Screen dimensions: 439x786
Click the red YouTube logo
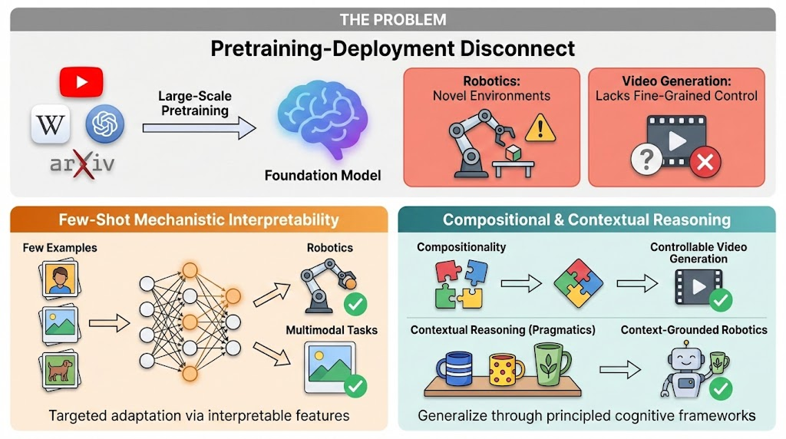pyautogui.click(x=81, y=81)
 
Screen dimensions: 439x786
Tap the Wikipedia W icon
pyautogui.click(x=51, y=124)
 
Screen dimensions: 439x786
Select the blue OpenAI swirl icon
pyautogui.click(x=104, y=124)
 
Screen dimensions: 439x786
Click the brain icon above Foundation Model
pyautogui.click(x=322, y=122)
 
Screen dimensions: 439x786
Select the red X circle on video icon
pyautogui.click(x=704, y=163)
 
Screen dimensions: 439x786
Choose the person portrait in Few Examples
pyautogui.click(x=58, y=280)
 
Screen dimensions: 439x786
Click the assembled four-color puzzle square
pyautogui.click(x=580, y=283)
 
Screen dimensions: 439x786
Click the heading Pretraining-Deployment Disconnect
pyautogui.click(x=392, y=48)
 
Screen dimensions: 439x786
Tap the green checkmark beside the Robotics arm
pyautogui.click(x=355, y=304)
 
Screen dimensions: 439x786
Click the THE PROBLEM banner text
pyautogui.click(x=392, y=19)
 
